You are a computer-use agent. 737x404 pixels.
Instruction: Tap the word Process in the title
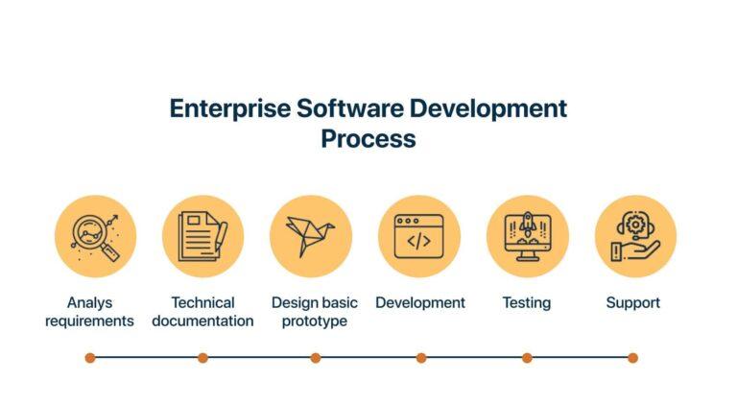click(x=368, y=138)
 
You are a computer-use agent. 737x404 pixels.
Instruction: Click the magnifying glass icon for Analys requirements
click(x=95, y=236)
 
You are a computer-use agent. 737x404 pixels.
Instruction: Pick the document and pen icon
click(x=202, y=236)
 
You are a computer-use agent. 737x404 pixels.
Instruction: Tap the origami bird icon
click(x=310, y=236)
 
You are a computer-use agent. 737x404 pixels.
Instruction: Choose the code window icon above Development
click(x=418, y=236)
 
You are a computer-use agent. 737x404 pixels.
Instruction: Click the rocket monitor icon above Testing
click(x=527, y=236)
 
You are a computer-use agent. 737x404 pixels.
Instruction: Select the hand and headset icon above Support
click(x=634, y=236)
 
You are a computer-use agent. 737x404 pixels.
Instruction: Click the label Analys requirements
click(x=89, y=312)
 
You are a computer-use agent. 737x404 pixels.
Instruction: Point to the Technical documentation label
click(x=202, y=312)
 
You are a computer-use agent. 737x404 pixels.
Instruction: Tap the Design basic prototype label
click(x=314, y=312)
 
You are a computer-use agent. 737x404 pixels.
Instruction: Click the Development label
click(x=420, y=303)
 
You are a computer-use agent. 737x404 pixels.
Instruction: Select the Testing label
click(x=527, y=303)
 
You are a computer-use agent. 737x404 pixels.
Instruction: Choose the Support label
click(x=633, y=303)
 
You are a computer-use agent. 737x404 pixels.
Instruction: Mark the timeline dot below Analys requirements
click(x=90, y=358)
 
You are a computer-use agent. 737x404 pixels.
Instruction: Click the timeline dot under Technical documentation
click(x=202, y=358)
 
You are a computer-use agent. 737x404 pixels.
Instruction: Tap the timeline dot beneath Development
click(x=421, y=358)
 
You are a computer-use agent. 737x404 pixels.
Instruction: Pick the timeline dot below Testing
click(x=527, y=358)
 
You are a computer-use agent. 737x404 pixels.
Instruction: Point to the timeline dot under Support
click(x=632, y=358)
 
